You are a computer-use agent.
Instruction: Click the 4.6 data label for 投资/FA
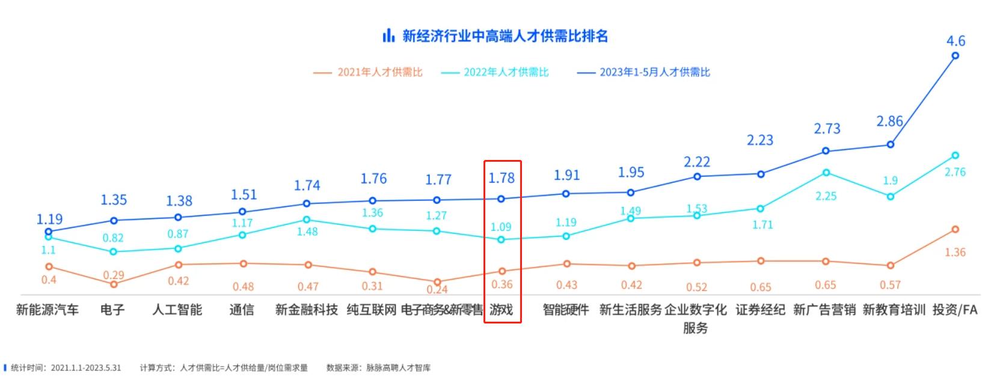(956, 41)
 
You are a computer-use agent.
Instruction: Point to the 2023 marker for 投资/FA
(955, 56)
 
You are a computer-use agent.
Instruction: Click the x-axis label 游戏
(501, 310)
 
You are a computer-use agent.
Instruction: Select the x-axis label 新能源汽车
(48, 310)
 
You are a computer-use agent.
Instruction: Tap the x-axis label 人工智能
(177, 310)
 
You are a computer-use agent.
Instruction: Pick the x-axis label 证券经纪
(760, 310)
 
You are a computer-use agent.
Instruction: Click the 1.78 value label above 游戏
(501, 178)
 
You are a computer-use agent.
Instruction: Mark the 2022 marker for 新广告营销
(826, 173)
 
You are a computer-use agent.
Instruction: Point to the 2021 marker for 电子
(114, 284)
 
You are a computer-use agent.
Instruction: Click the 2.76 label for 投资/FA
(955, 172)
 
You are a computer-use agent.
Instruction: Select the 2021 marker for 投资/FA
(955, 229)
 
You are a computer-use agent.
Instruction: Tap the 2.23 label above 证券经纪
(760, 140)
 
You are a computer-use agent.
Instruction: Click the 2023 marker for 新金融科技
(306, 203)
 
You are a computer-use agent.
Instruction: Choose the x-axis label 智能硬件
(566, 310)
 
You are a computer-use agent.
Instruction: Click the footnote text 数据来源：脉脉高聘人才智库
(378, 367)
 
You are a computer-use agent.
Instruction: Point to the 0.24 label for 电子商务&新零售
(437, 289)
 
